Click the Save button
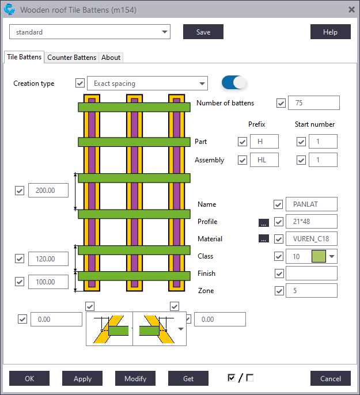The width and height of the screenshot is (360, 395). (x=203, y=32)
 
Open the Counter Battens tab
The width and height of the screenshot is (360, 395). (x=71, y=58)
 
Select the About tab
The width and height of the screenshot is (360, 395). (x=111, y=58)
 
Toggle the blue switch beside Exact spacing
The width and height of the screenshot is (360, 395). (x=234, y=82)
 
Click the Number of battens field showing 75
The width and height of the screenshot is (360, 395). (x=314, y=102)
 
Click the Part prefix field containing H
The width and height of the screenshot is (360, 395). (x=264, y=141)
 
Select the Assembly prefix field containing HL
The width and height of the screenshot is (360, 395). (x=264, y=159)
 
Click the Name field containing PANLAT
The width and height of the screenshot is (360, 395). (x=312, y=204)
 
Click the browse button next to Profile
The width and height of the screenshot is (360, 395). (x=263, y=222)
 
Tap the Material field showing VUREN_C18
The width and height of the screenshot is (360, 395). (x=312, y=238)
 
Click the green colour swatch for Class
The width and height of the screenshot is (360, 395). (x=319, y=256)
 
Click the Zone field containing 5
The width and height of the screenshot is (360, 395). (x=312, y=290)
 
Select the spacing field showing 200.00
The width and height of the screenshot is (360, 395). (x=48, y=190)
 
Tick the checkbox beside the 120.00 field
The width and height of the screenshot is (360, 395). (x=20, y=259)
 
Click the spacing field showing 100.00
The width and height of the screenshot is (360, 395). (x=48, y=282)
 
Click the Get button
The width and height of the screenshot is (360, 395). (x=188, y=378)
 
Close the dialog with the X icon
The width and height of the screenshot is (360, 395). (x=351, y=10)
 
